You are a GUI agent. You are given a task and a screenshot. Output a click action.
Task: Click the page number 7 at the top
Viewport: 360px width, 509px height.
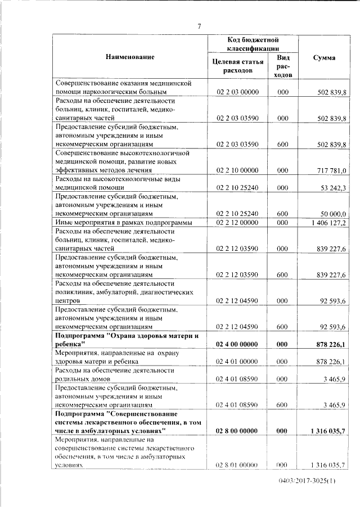click(199, 25)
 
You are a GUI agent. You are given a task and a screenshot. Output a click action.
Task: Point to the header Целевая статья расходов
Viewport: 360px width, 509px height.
click(236, 66)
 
